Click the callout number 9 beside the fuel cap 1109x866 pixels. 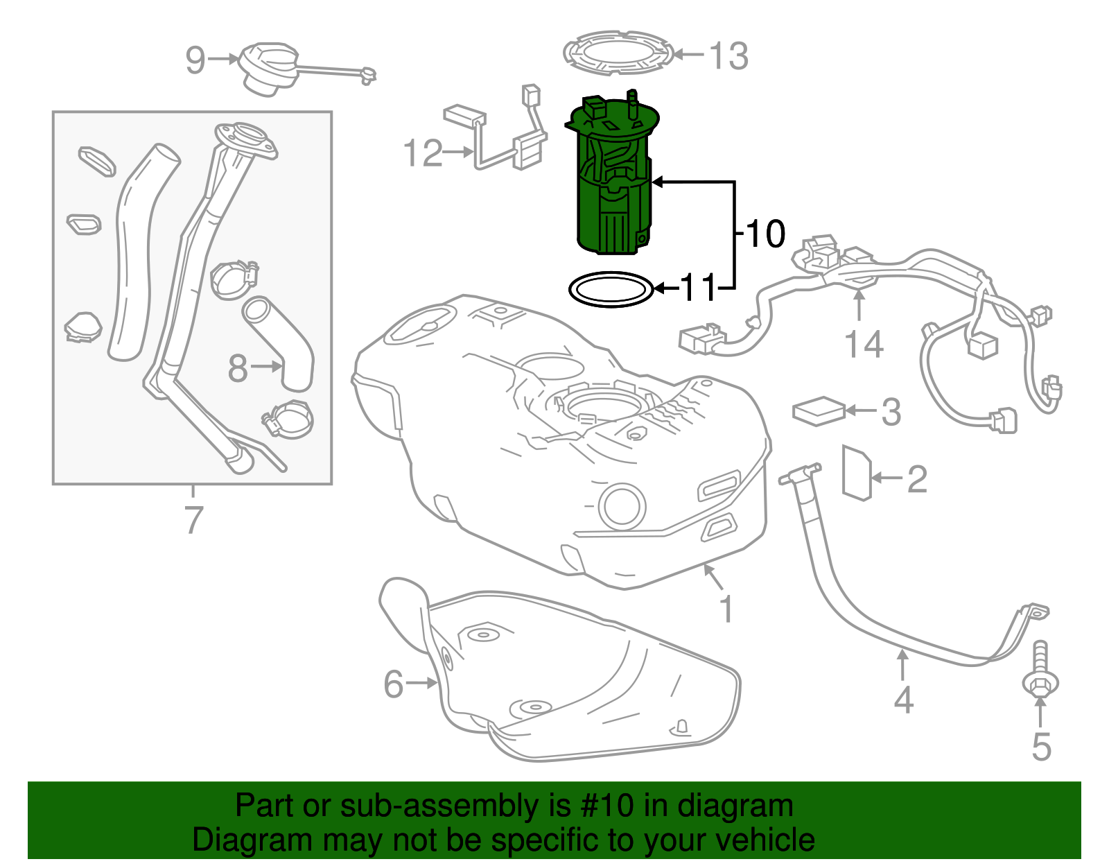(195, 60)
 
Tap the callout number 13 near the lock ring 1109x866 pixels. (728, 55)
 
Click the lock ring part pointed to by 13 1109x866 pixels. (617, 52)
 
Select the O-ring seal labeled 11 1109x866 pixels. (611, 289)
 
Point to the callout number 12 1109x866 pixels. (423, 153)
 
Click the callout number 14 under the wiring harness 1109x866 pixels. (864, 345)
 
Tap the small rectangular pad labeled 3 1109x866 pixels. (819, 410)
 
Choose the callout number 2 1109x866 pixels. (917, 479)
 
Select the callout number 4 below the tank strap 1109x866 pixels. (903, 700)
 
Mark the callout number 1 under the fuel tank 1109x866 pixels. (726, 609)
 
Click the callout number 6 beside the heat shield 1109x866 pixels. (394, 684)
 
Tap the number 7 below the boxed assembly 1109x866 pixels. (193, 520)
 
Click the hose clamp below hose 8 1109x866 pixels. (288, 420)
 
